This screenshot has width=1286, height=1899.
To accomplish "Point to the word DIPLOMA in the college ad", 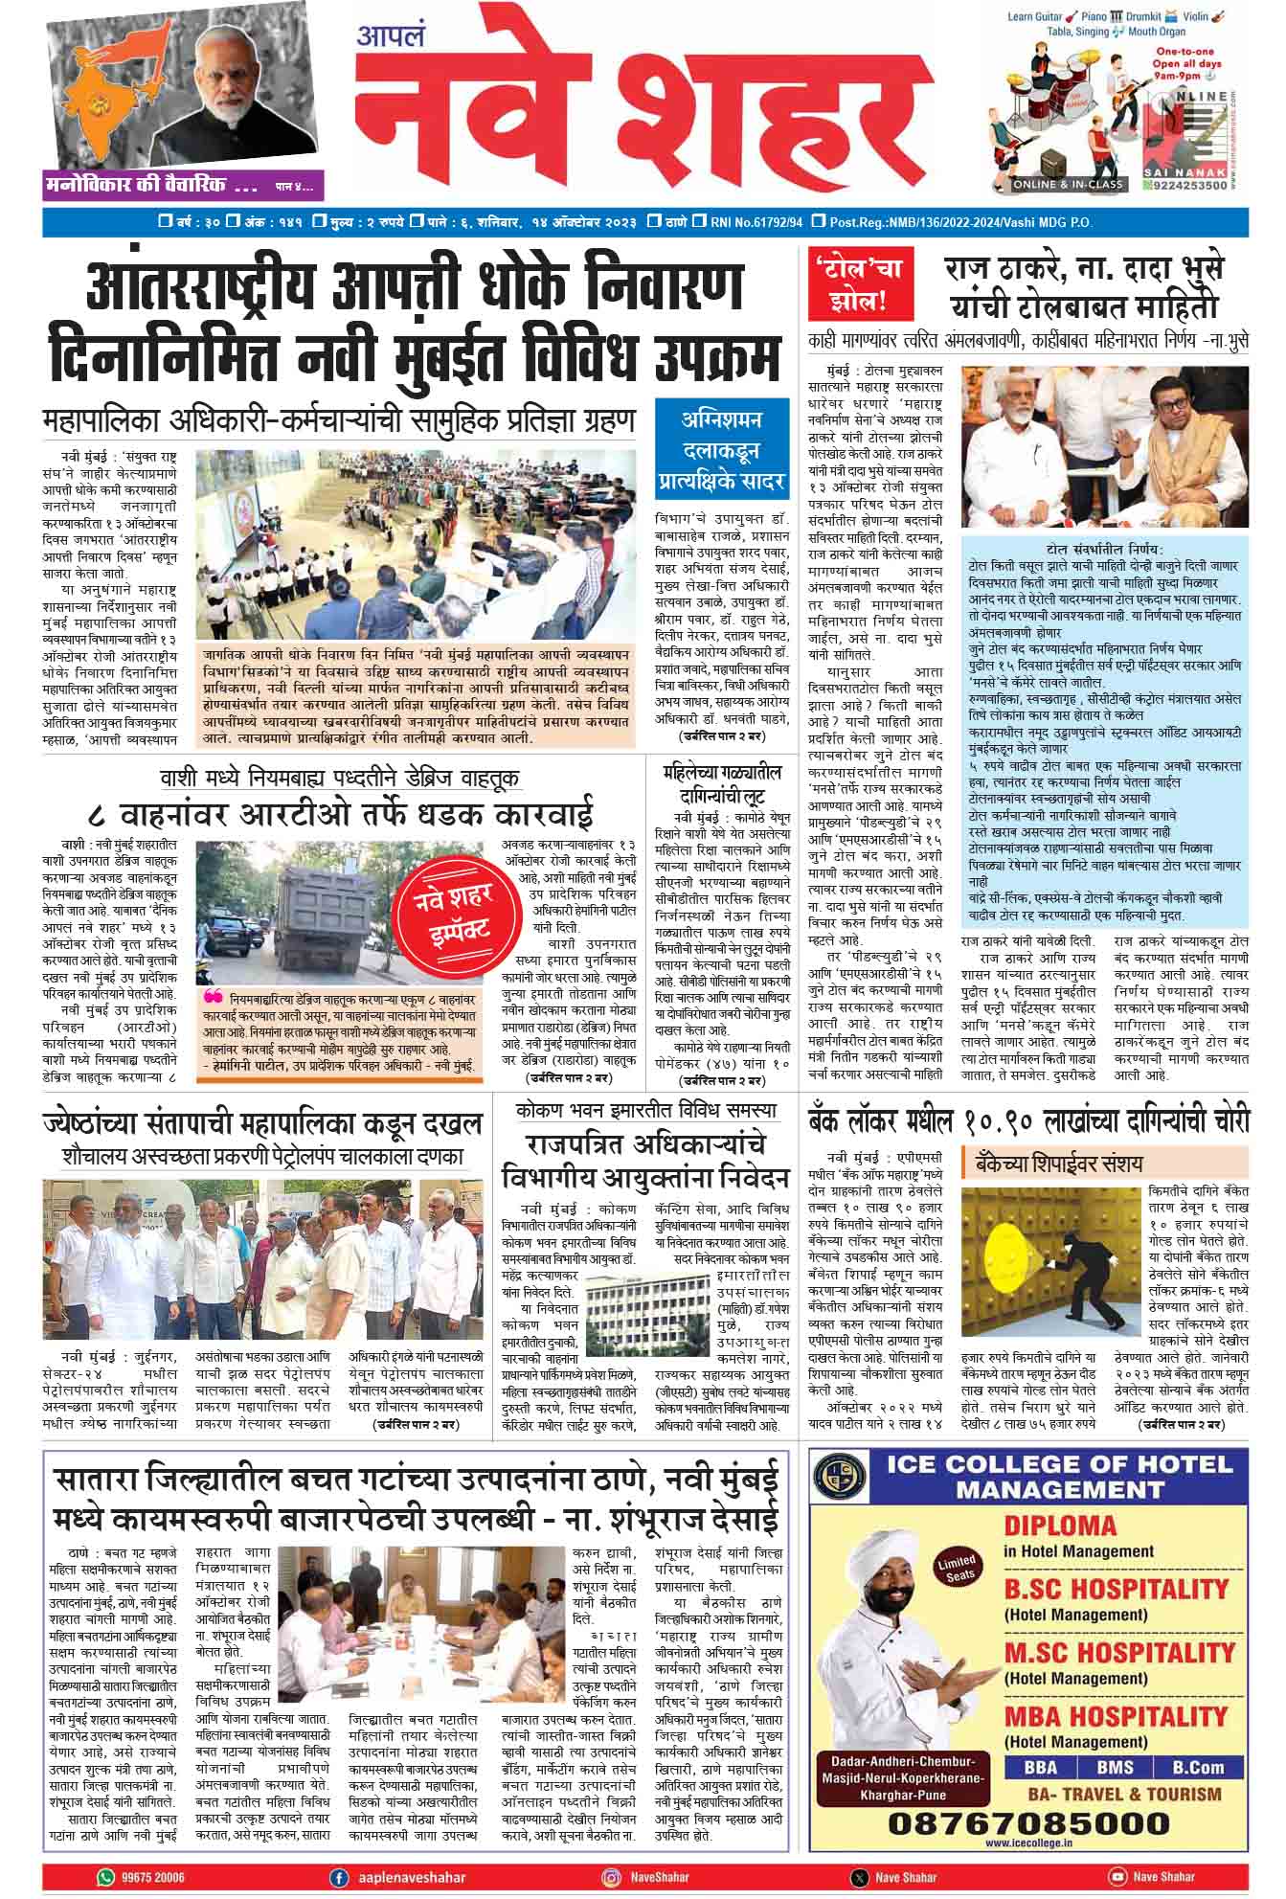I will pos(1060,1526).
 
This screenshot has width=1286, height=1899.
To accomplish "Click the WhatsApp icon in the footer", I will pos(105,1877).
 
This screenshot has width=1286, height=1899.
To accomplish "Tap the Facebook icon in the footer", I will pos(337,1877).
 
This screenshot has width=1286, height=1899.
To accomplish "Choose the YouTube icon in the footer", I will pos(1117,1877).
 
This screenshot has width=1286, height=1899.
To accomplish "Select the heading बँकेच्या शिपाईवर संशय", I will pos(1058,1164).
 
